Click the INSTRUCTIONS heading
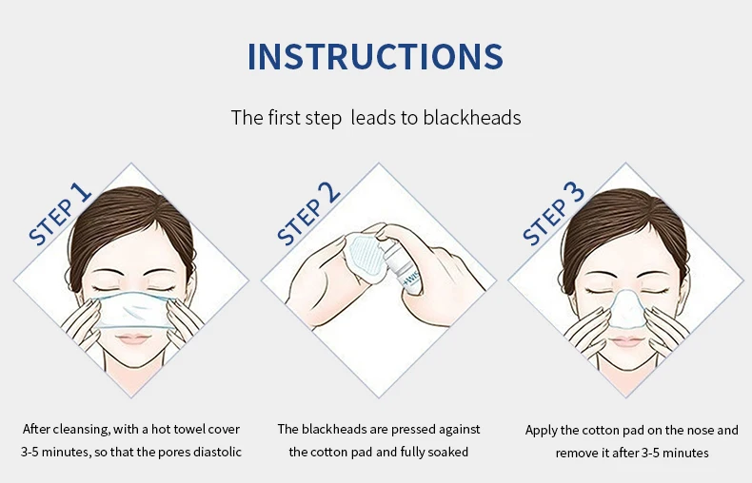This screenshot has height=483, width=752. coord(375,56)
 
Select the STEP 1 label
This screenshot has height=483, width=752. coord(60,214)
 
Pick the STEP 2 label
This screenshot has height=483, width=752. coord(308,214)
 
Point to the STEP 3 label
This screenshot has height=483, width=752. coord(553,214)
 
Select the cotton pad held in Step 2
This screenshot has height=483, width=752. coord(364,254)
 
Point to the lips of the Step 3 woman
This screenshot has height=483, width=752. coord(626,341)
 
